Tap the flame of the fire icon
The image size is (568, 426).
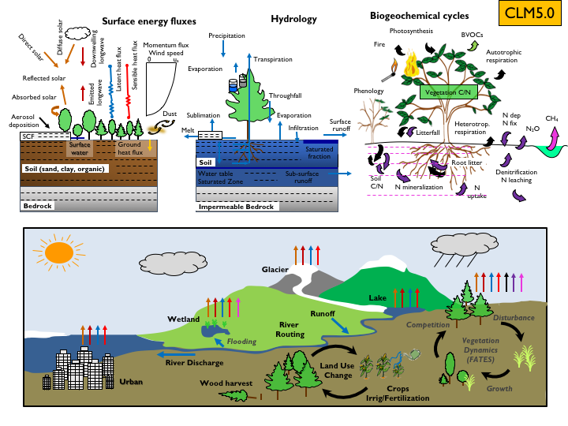[x=409, y=68]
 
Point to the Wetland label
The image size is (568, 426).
[x=183, y=319]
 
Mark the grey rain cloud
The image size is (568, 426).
[x=462, y=252]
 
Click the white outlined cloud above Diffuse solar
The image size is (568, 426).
[x=77, y=32]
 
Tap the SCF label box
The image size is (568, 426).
[x=30, y=136]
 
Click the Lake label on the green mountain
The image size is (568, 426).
[x=378, y=298]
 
